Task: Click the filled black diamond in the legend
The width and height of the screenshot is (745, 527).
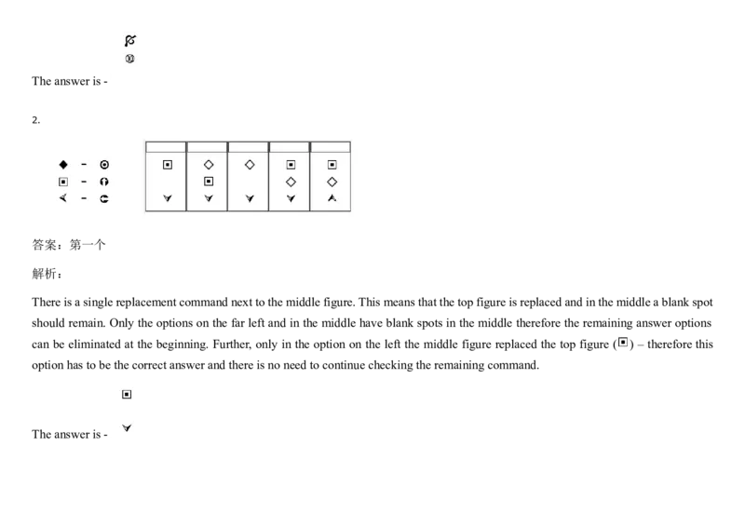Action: (63, 165)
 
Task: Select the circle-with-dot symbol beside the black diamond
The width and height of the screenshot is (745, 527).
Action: (104, 165)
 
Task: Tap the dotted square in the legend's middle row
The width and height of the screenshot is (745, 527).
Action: (63, 182)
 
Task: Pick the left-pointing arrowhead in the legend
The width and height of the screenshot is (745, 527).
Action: (63, 198)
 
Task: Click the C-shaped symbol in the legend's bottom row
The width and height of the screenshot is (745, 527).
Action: (104, 198)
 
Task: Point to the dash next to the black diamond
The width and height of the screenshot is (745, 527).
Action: (84, 165)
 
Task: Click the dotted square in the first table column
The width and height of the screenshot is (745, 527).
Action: (168, 165)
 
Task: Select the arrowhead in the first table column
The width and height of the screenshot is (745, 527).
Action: (168, 198)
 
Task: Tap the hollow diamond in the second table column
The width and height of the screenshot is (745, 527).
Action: (209, 165)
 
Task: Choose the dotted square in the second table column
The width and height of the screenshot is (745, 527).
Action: (209, 182)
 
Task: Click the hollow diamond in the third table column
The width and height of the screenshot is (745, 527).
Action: (250, 165)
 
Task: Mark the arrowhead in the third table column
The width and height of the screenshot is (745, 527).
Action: (250, 198)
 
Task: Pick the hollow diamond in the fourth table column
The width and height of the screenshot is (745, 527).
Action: (291, 182)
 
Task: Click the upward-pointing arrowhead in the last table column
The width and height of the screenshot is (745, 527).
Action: (332, 198)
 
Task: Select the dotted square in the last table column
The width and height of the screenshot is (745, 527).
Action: (332, 165)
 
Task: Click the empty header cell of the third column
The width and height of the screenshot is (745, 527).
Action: (248, 147)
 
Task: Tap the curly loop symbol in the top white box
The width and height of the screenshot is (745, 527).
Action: (130, 41)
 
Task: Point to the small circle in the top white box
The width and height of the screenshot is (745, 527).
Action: (130, 59)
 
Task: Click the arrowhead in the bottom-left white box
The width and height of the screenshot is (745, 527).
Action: (127, 428)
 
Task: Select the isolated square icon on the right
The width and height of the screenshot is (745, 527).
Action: (622, 343)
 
